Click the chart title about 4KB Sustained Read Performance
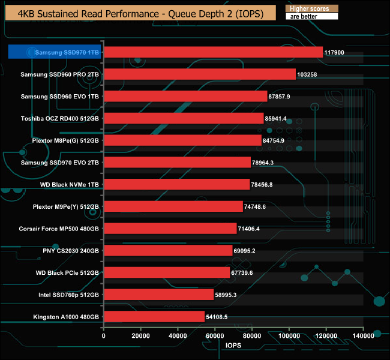[x=139, y=13]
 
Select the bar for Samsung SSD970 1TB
[x=213, y=52]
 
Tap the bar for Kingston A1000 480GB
[x=154, y=316]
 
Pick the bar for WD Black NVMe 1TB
[x=176, y=184]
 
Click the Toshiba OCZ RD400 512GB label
[x=60, y=118]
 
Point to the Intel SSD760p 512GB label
[x=64, y=295]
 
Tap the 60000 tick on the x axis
[x=215, y=335]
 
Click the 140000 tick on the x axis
[x=363, y=335]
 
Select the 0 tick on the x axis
[x=104, y=335]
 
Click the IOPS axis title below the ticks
[x=233, y=346]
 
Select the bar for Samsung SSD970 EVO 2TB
[x=177, y=163]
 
